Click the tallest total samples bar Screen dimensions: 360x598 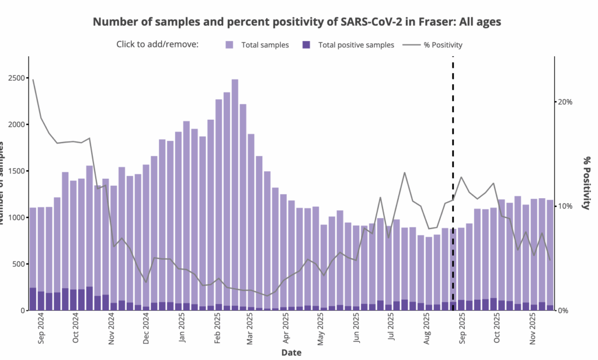235,193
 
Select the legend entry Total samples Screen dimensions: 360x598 265,45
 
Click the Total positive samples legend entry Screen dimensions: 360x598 356,45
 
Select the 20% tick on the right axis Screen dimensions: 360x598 565,102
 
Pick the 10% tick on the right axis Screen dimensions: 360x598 565,206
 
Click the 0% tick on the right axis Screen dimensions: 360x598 564,310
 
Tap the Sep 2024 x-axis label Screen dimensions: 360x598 41,331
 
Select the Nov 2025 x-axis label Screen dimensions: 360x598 533,331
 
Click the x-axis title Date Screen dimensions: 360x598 291,353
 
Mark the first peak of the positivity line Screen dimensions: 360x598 33,79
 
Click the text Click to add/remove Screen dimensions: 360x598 158,44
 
